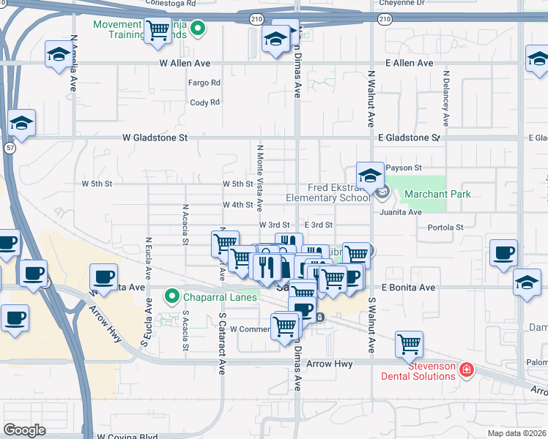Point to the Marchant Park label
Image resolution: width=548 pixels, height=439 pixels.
(x=437, y=194)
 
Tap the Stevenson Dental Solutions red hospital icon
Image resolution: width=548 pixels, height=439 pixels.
(x=466, y=371)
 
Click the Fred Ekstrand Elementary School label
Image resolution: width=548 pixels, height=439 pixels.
(x=328, y=192)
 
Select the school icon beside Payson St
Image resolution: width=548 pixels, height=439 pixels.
(x=371, y=176)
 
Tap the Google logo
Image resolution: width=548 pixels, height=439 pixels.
(x=24, y=429)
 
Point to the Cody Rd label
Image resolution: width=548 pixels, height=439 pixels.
(x=204, y=102)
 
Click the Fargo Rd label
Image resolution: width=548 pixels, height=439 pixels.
(x=204, y=83)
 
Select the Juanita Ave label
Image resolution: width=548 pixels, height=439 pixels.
(x=401, y=212)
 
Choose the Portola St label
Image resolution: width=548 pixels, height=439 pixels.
(x=445, y=228)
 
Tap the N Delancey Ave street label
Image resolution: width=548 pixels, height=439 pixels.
(x=445, y=100)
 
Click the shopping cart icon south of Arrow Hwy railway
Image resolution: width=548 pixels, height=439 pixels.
(x=409, y=344)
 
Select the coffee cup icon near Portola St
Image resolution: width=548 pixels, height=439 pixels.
(x=503, y=254)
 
